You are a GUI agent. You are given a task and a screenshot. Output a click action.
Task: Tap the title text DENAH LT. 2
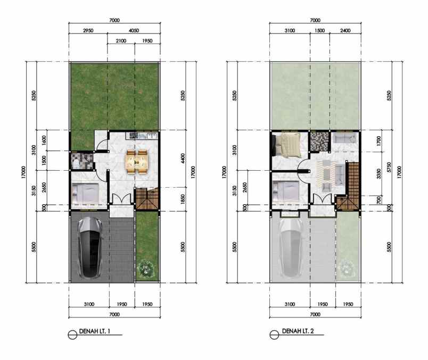coord(297,332)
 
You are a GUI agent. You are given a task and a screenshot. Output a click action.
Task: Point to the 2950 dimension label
coord(88,31)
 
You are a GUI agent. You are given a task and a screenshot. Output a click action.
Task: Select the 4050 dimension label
coord(134,31)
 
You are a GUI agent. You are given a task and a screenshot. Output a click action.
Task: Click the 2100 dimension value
coord(121,40)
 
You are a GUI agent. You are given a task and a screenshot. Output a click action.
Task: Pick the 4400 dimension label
coord(182,158)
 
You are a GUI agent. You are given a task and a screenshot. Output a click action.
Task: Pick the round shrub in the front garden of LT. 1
coord(145,268)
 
